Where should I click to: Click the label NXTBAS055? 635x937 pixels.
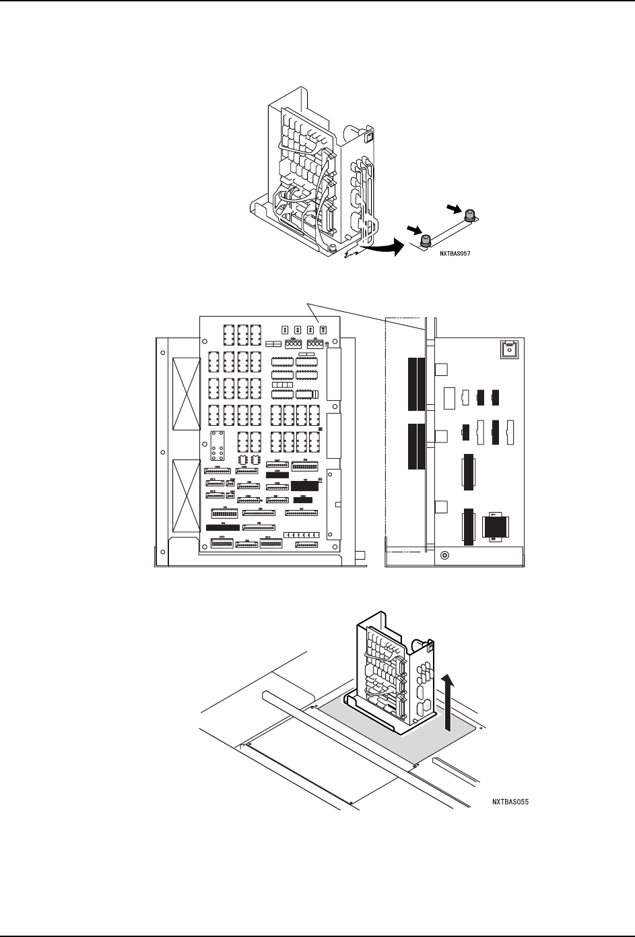click(510, 802)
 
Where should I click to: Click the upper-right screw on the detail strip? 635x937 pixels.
click(470, 215)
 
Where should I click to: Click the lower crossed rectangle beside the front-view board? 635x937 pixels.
click(187, 495)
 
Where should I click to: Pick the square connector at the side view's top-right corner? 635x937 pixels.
click(509, 350)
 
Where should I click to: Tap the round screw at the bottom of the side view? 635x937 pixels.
click(444, 556)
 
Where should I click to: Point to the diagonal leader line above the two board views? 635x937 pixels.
click(367, 317)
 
